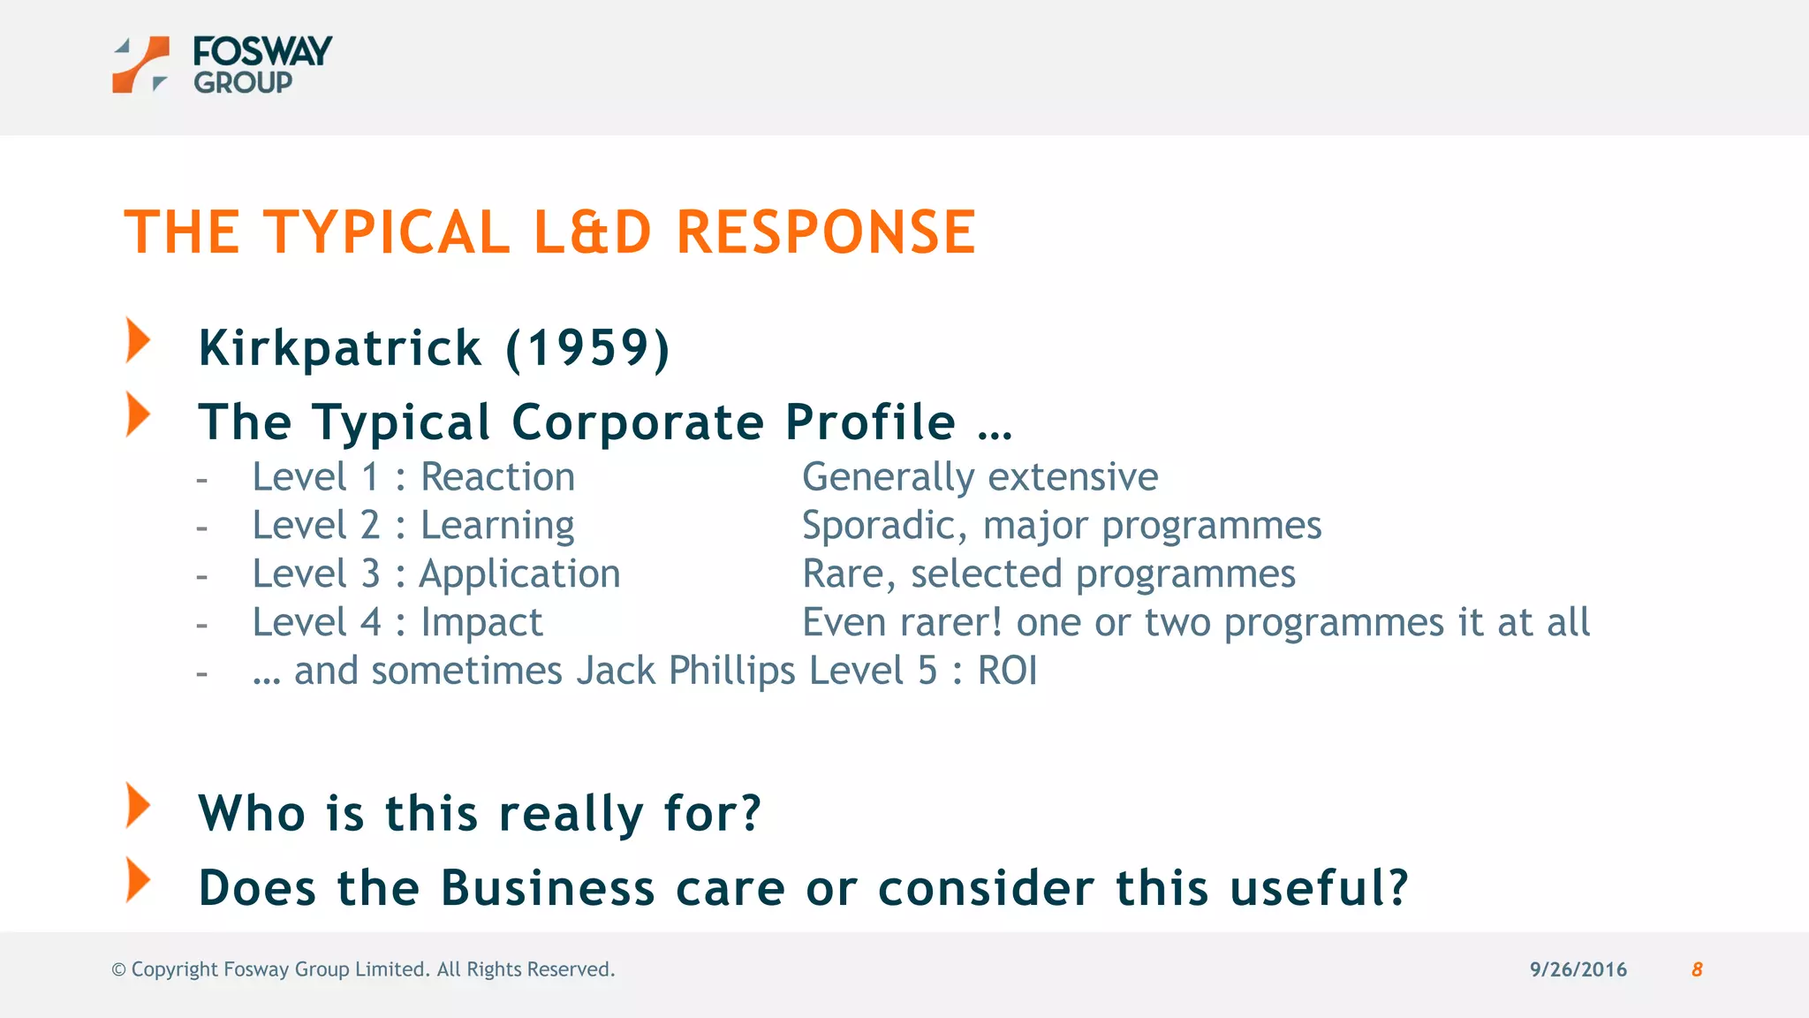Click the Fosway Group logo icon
click(x=140, y=65)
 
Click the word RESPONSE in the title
click(x=826, y=232)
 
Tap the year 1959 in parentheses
click(x=588, y=347)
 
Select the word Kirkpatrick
click(x=340, y=347)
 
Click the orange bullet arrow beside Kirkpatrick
click(x=138, y=340)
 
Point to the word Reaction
click(x=497, y=477)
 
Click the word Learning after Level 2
click(x=497, y=526)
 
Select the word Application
click(x=519, y=574)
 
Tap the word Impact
click(x=481, y=623)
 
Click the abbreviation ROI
click(x=1007, y=671)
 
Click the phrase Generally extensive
click(x=980, y=477)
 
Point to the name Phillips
click(x=731, y=671)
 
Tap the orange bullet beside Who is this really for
click(x=138, y=805)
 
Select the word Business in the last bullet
click(x=548, y=888)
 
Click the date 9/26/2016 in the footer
click(x=1578, y=969)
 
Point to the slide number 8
click(x=1697, y=969)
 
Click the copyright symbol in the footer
click(x=118, y=969)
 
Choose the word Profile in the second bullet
click(x=870, y=422)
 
